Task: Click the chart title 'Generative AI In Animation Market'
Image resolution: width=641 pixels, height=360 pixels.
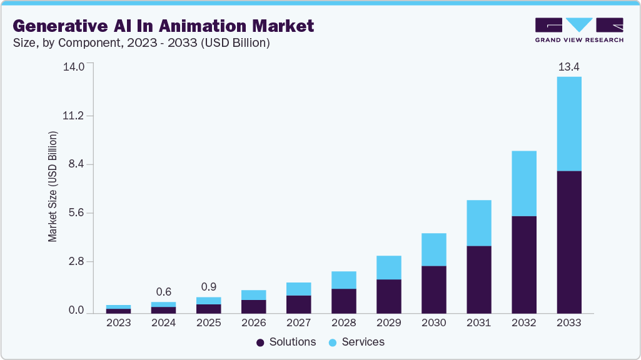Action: (x=163, y=26)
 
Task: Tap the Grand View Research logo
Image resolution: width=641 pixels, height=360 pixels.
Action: (x=579, y=30)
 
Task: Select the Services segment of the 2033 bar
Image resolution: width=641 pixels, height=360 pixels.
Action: (x=569, y=124)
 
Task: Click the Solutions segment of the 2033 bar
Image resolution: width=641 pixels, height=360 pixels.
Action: (x=569, y=242)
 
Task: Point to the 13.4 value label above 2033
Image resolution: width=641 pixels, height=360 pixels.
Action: (x=569, y=67)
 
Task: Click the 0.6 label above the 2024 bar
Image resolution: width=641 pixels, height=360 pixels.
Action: (x=164, y=292)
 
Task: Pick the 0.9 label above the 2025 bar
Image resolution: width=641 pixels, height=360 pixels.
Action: (x=209, y=287)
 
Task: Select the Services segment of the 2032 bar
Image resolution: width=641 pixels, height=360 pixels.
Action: (x=524, y=183)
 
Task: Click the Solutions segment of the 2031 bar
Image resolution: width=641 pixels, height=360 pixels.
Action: (x=479, y=279)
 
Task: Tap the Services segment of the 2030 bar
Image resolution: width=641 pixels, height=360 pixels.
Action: (x=434, y=249)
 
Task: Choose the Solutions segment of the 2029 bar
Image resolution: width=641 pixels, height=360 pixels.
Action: (x=389, y=296)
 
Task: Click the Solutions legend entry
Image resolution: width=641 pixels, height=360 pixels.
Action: (x=286, y=342)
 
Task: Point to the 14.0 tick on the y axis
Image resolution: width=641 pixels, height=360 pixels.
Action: (x=74, y=67)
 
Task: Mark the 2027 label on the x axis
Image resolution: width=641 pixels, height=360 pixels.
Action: (x=299, y=323)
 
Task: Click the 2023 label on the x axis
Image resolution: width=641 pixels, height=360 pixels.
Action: (x=119, y=323)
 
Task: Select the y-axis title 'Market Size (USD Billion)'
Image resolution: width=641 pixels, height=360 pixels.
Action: (x=53, y=187)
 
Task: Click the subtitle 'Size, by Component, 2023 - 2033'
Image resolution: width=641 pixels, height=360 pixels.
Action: (x=141, y=43)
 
